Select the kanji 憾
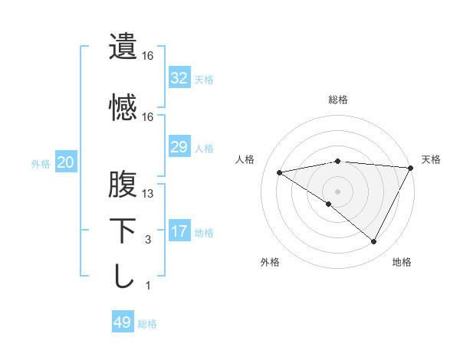[123, 106]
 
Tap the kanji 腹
[123, 184]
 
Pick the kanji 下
[123, 230]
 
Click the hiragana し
[123, 276]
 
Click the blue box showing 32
[179, 78]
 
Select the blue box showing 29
[179, 147]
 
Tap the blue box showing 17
[179, 232]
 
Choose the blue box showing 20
[66, 163]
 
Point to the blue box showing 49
[123, 323]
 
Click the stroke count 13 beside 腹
[148, 194]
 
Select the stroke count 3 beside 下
[148, 240]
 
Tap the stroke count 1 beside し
[148, 286]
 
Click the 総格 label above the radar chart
[338, 100]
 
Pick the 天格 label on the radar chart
[431, 159]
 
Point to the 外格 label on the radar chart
[270, 262]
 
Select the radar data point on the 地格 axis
[374, 242]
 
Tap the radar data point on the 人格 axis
[280, 172]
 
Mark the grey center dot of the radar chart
[337, 191]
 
